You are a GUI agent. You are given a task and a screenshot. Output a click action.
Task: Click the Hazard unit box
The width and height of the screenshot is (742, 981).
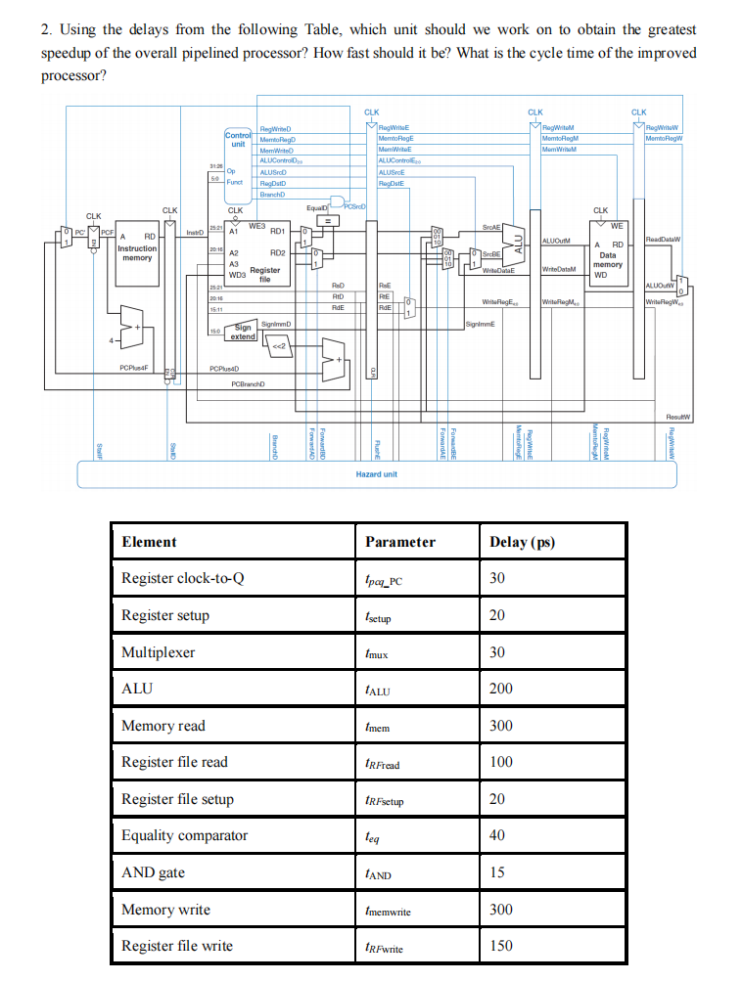pyautogui.click(x=377, y=473)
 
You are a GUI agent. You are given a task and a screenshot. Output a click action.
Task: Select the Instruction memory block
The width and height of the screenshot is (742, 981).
pyautogui.click(x=137, y=253)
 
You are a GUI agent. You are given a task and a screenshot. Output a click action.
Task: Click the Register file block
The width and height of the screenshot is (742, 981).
pyautogui.click(x=256, y=254)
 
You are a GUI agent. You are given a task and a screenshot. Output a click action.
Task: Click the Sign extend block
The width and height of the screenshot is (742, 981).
pyautogui.click(x=243, y=332)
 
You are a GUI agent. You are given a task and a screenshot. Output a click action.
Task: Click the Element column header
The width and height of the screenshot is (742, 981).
pyautogui.click(x=149, y=542)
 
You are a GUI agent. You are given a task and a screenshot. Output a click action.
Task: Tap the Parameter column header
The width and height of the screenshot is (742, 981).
pyautogui.click(x=399, y=542)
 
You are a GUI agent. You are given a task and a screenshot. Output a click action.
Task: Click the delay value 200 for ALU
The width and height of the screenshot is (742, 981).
pyautogui.click(x=500, y=689)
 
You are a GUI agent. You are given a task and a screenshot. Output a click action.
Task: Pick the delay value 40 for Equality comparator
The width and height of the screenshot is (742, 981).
pyautogui.click(x=496, y=835)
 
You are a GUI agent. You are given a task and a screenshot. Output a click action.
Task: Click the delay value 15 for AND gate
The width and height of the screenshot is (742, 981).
pyautogui.click(x=496, y=872)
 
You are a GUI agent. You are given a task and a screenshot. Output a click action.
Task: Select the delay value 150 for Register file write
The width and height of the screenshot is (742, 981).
pyautogui.click(x=500, y=946)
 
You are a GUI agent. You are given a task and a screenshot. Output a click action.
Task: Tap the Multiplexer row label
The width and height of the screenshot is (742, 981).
pyautogui.click(x=158, y=652)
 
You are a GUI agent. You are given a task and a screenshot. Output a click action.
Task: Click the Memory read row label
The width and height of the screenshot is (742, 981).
pyautogui.click(x=163, y=726)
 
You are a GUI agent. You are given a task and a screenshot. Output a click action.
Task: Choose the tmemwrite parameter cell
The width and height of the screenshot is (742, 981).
pyautogui.click(x=388, y=911)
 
